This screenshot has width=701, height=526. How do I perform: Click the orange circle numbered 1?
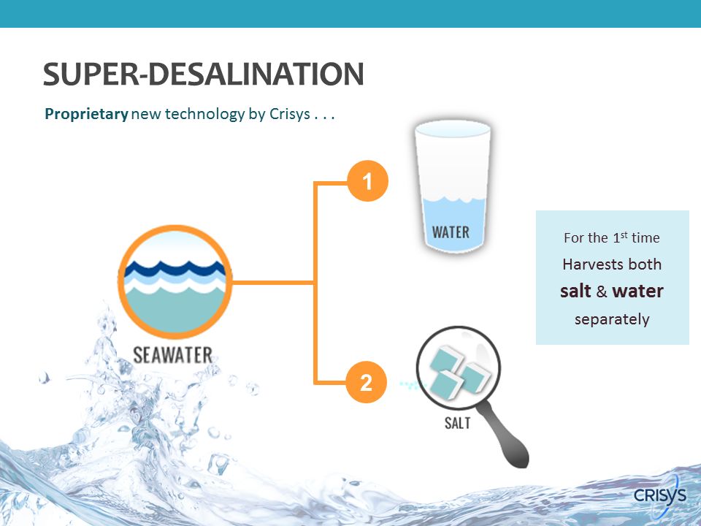coord(367,181)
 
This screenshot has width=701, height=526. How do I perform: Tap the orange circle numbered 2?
coord(366,382)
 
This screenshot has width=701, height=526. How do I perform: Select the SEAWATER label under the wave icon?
coord(172,355)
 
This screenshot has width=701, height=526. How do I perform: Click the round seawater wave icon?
coord(175,282)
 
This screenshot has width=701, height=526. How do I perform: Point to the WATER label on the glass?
coord(451,232)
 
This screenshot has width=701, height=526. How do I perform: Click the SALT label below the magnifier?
coord(457,423)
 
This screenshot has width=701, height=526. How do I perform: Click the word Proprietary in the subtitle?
coord(87,114)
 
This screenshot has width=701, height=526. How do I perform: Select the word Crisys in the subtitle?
coord(290,114)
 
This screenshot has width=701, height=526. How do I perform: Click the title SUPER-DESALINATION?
coord(204,74)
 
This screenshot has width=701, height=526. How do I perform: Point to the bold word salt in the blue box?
coord(576,291)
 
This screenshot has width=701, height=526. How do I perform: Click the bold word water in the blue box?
coord(638,291)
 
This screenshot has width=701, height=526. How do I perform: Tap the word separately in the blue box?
coord(612,320)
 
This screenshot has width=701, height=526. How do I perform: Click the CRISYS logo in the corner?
coord(660,495)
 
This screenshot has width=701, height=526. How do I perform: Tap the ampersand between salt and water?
coord(602,291)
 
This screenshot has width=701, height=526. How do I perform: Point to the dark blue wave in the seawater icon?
coord(175,269)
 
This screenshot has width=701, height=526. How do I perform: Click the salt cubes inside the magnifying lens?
coord(459,372)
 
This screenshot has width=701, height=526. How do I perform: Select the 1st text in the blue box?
coord(620,237)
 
